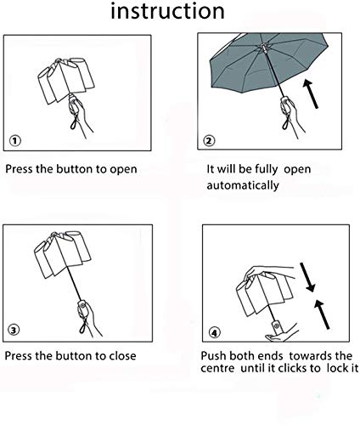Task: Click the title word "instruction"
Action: tap(167, 11)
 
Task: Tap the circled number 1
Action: tap(15, 140)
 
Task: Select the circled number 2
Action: tap(209, 140)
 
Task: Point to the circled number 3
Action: tap(14, 330)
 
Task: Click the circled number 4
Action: tap(214, 332)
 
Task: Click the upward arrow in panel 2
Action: tap(311, 93)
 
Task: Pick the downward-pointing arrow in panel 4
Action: tap(307, 277)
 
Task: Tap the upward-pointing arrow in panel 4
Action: tap(322, 314)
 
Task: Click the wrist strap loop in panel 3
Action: tap(84, 326)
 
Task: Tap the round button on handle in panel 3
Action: tap(82, 305)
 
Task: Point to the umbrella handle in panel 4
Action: tap(276, 326)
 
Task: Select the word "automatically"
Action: tap(243, 186)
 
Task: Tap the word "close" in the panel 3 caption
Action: tap(121, 355)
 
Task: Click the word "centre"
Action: tap(217, 368)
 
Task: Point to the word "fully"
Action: tap(267, 169)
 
